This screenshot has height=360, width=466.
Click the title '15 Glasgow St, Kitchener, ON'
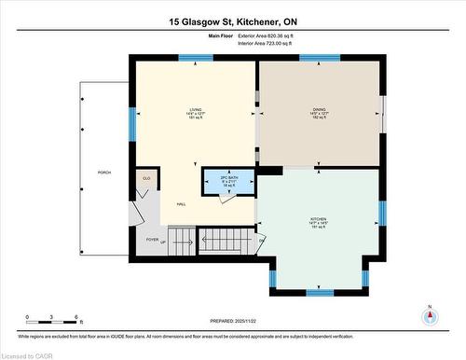click(233, 21)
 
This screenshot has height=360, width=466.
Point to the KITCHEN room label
click(319, 223)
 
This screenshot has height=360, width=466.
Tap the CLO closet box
click(145, 179)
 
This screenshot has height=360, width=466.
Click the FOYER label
click(153, 239)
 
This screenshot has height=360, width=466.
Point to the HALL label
click(180, 202)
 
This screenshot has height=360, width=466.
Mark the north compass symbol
click(430, 314)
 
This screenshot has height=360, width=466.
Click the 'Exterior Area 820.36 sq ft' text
click(266, 35)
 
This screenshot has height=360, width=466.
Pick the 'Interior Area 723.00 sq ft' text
click(265, 43)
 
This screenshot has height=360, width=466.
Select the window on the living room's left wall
click(133, 120)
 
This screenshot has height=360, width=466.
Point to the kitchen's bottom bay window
click(320, 292)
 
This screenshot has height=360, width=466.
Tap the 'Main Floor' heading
click(220, 35)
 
